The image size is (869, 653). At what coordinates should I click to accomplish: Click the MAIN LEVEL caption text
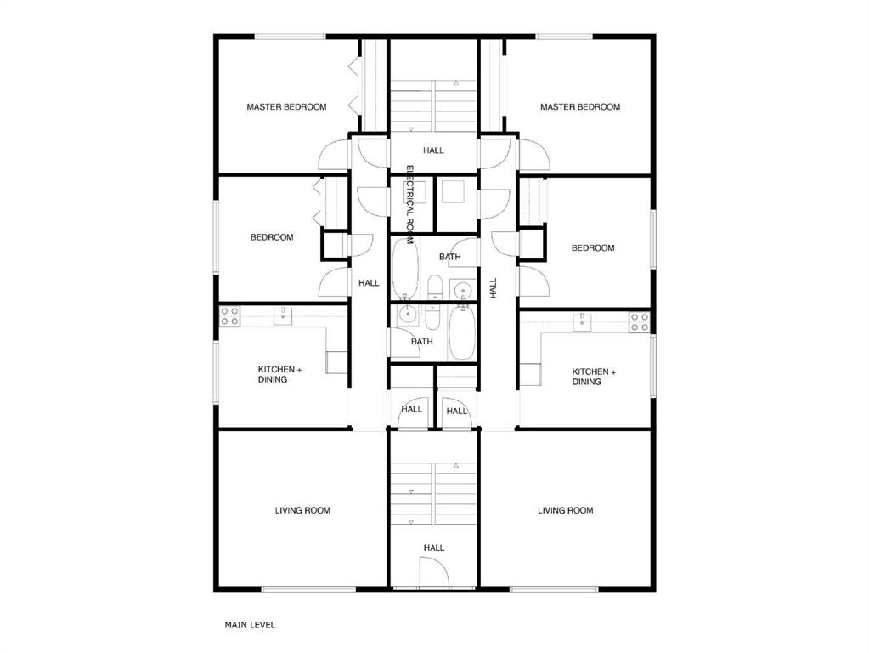[250, 625]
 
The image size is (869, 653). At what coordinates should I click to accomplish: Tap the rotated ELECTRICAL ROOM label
[410, 205]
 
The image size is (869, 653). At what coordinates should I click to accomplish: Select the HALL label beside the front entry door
[434, 548]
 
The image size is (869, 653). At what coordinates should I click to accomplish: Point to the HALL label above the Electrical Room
[433, 150]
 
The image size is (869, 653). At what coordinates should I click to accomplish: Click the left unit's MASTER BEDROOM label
[286, 106]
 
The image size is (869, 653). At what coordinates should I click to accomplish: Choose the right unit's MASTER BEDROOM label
[580, 106]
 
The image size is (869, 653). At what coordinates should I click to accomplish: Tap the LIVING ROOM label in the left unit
[302, 510]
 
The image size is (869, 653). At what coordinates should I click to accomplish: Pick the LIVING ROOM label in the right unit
[565, 510]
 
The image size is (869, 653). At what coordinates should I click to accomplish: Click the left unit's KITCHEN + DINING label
[279, 374]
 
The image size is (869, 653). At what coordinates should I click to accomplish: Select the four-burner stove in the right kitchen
[639, 322]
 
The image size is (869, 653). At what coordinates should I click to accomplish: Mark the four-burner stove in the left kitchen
[229, 316]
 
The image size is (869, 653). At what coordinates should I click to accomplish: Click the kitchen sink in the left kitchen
[283, 316]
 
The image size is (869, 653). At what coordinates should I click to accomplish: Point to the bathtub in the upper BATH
[405, 269]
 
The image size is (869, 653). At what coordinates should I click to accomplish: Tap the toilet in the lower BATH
[432, 317]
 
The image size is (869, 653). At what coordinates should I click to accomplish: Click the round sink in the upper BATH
[461, 290]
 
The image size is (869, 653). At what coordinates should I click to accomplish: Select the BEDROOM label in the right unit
[593, 248]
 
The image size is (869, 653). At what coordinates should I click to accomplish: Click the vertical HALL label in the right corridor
[494, 288]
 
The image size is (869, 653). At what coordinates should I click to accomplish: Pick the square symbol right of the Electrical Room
[454, 191]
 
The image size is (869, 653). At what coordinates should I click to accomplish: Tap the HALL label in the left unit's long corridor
[369, 283]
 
